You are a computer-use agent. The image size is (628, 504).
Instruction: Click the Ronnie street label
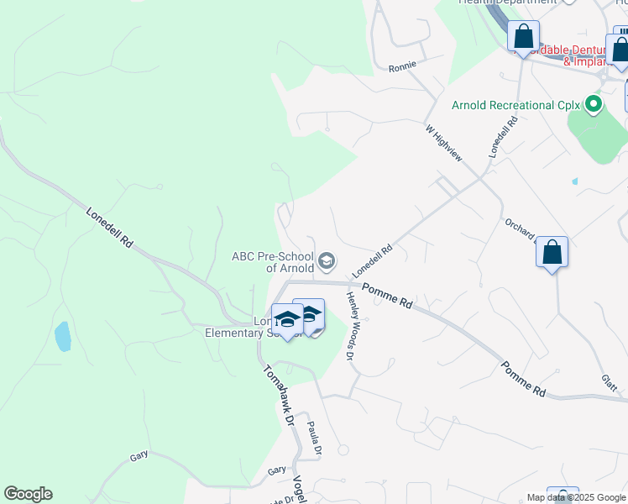click(403, 65)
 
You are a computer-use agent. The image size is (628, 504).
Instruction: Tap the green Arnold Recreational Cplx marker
click(594, 106)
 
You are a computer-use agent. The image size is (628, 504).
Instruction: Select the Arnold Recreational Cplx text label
click(516, 106)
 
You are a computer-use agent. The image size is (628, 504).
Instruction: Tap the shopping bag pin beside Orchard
click(552, 252)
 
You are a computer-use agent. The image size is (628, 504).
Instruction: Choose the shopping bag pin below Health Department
click(523, 37)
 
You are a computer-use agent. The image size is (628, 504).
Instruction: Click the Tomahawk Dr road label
click(276, 396)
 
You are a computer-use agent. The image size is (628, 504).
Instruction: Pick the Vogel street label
click(299, 488)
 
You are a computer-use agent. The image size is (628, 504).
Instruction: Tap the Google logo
click(28, 494)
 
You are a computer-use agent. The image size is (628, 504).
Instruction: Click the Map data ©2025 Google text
click(575, 497)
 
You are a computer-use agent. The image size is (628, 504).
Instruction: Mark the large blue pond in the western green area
click(63, 336)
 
